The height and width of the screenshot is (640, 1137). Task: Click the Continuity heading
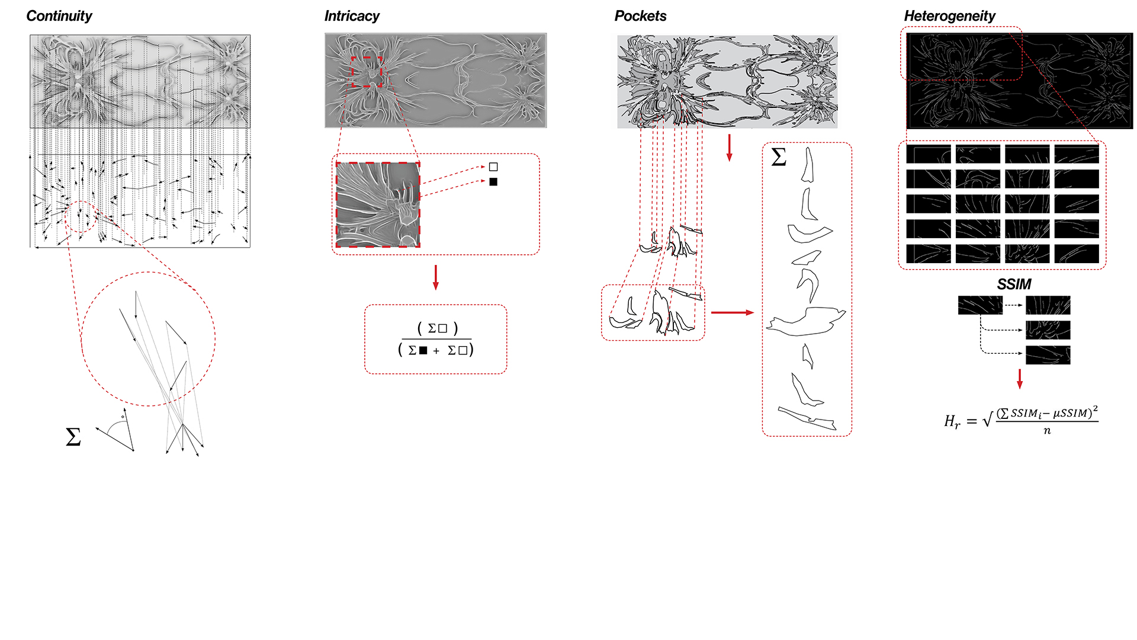tap(59, 16)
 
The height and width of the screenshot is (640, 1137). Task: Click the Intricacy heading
tap(352, 16)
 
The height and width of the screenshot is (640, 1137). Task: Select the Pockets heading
tap(640, 16)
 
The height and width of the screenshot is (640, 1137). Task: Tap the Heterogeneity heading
tap(949, 16)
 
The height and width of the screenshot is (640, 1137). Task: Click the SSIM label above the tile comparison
tap(1014, 284)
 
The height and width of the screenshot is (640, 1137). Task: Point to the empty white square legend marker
tap(493, 167)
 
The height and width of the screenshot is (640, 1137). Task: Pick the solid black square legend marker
tap(493, 182)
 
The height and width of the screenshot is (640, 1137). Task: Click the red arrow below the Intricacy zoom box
tap(436, 277)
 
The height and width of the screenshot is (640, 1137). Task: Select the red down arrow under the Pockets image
tap(729, 148)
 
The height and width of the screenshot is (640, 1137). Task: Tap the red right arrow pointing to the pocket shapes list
tap(733, 312)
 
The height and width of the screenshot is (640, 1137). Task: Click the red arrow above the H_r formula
tap(1020, 379)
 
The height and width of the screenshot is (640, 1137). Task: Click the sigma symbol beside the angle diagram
tap(73, 437)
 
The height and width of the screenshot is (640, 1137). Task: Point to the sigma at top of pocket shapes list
tap(779, 157)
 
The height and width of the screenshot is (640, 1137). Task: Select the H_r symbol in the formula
tap(952, 421)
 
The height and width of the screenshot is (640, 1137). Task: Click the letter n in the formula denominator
tap(1047, 431)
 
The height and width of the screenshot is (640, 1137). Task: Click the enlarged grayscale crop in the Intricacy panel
tap(378, 204)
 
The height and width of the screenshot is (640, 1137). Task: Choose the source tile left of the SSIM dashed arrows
tap(980, 305)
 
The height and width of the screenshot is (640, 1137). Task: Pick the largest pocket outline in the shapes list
tap(806, 322)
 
